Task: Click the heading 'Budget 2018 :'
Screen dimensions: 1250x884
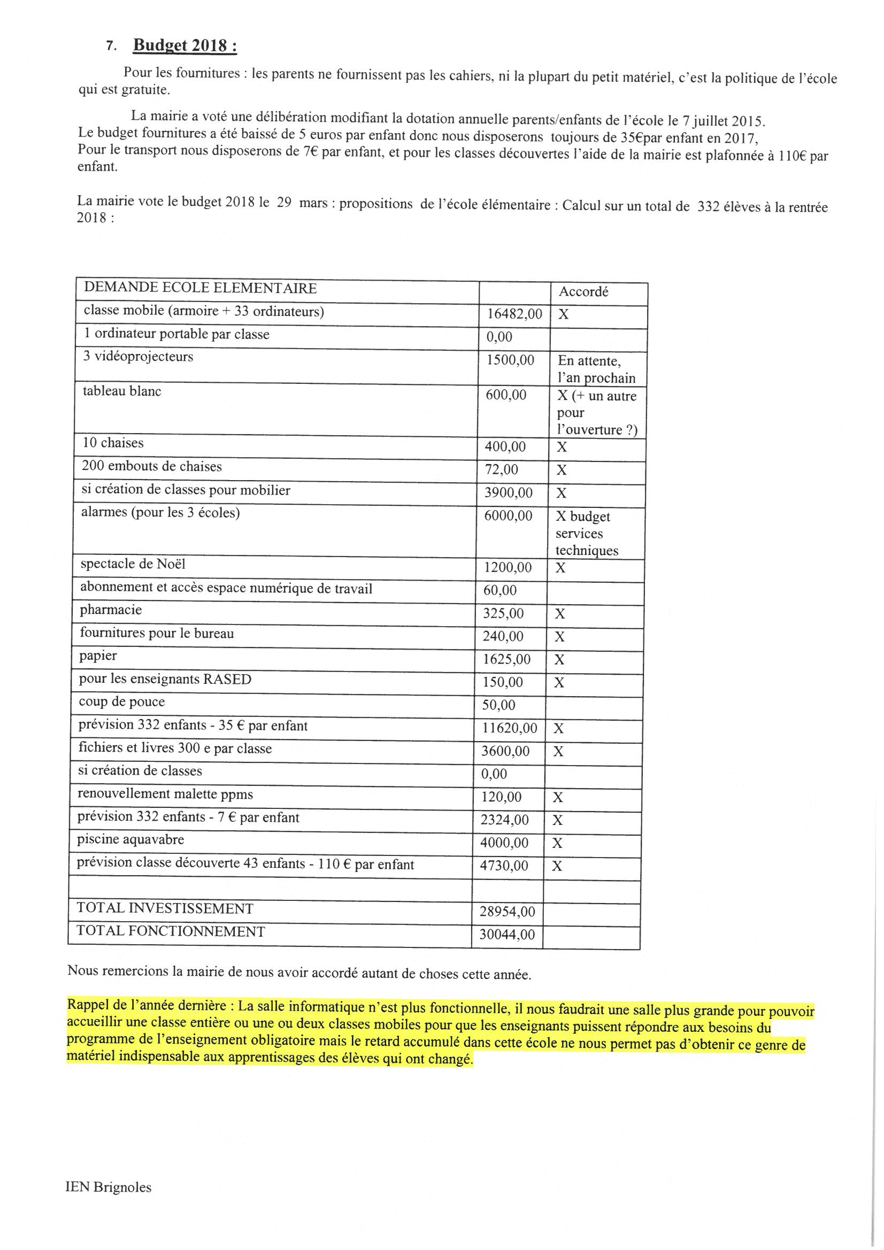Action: pos(185,45)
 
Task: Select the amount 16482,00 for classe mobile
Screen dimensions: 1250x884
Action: pos(514,314)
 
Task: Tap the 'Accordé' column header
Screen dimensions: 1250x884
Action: pos(583,292)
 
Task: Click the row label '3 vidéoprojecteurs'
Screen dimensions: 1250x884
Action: pos(138,357)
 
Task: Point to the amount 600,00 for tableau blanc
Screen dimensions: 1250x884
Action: pos(505,395)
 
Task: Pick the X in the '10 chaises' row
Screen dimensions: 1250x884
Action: pos(562,447)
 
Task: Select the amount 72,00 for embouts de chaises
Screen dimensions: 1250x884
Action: pos(501,469)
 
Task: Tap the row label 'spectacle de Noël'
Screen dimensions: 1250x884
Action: pos(133,564)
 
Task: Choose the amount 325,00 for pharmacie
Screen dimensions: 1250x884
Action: pos(503,614)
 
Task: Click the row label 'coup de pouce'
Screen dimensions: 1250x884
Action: pos(121,702)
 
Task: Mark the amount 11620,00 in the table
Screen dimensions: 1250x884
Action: pos(509,728)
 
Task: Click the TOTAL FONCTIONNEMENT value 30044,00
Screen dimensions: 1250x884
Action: pos(506,934)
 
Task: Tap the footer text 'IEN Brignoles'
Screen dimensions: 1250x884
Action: pos(109,1187)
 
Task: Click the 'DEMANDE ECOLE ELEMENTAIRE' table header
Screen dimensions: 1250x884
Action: pos(200,288)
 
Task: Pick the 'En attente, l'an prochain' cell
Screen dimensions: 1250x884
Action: pos(596,369)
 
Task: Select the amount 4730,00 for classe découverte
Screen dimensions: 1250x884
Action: pos(503,866)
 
